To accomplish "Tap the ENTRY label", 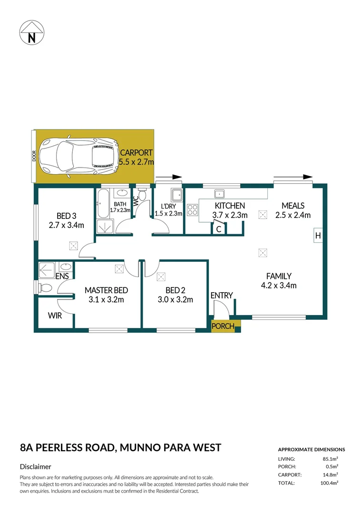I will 222,296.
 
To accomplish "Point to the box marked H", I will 318,236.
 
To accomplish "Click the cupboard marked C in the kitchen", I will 218,229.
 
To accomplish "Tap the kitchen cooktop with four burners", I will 192,210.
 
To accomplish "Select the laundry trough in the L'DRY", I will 177,195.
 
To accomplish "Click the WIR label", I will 55,316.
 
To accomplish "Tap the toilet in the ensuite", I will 45,288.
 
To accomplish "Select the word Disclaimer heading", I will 36,467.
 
